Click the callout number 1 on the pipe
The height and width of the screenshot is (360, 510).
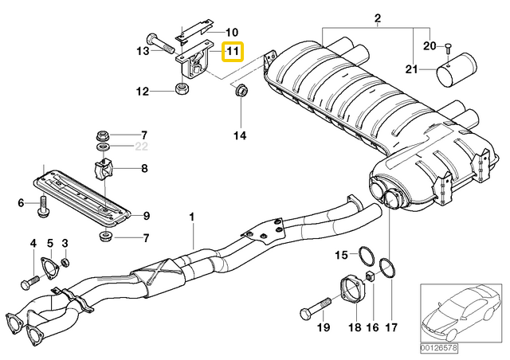pos(191,217)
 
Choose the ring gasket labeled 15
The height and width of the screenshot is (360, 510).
pos(366,256)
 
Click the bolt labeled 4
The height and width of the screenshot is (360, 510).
pos(32,282)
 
